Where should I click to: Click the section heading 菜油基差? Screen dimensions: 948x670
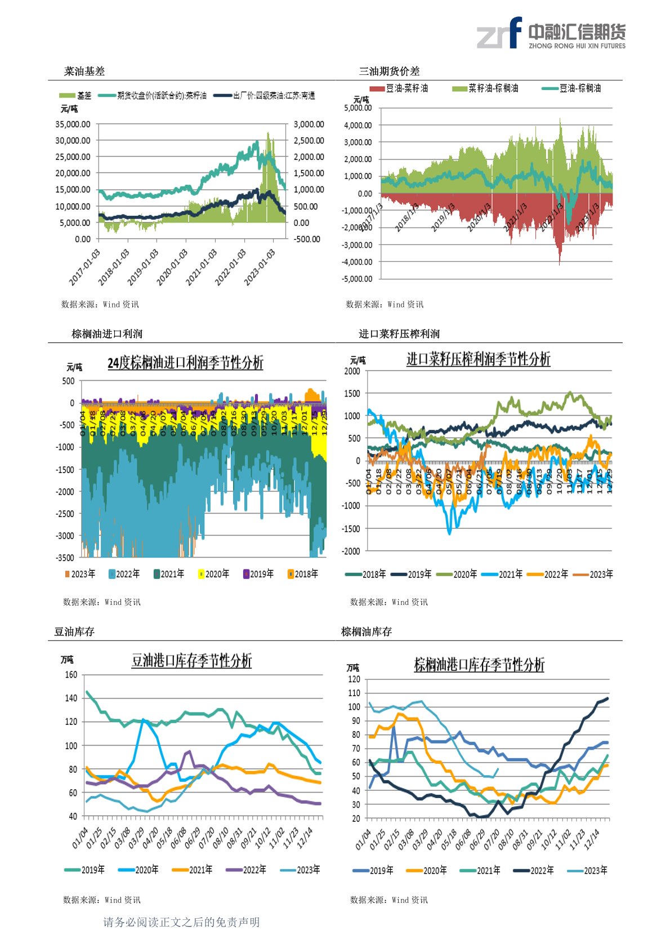pos(84,72)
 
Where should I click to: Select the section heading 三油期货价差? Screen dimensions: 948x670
pos(389,72)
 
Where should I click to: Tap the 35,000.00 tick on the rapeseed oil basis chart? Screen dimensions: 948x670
pos(73,124)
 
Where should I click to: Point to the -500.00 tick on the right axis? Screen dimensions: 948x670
pos(307,239)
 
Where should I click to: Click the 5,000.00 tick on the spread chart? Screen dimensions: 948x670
pos(358,108)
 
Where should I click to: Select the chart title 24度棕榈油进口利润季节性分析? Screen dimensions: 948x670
pos(185,363)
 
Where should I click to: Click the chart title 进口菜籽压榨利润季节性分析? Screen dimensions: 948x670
pos(478,359)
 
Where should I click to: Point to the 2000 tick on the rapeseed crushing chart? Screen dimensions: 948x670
pos(352,371)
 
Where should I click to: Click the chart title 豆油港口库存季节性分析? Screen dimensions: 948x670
pos(191,661)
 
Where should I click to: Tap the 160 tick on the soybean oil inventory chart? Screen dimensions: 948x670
pos(71,675)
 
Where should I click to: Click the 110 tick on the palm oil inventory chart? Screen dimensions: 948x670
pos(354,693)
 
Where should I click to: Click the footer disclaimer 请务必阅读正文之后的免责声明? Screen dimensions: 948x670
pos(181,922)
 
